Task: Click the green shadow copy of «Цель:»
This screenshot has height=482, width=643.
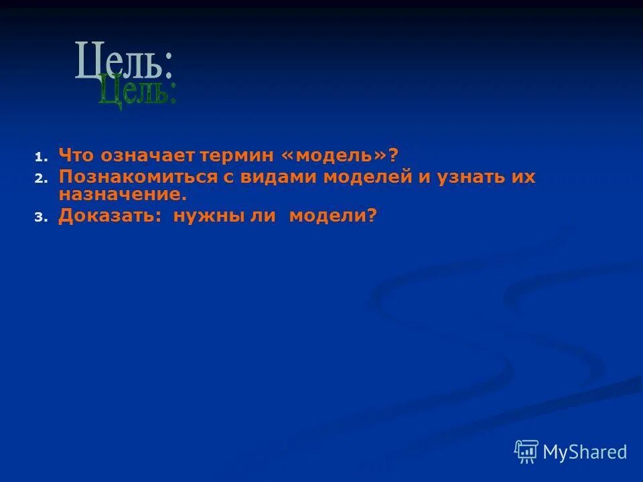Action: [137, 93]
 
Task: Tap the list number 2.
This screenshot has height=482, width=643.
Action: [39, 179]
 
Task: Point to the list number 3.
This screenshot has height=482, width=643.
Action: [39, 218]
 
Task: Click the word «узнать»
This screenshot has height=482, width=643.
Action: [470, 177]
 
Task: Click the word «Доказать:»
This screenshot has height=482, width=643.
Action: [111, 216]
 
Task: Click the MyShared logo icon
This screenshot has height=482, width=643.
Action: [526, 452]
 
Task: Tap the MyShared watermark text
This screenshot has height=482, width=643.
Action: [585, 453]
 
